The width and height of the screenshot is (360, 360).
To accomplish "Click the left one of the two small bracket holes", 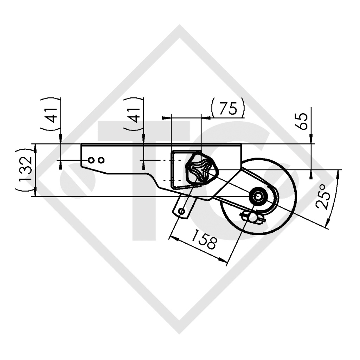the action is pos(91,160).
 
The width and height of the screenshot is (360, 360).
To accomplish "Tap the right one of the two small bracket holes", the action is pos(101,160).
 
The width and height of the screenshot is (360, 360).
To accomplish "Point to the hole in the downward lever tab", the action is pos(182,211).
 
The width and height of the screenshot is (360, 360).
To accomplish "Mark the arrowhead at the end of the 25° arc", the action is pos(328,224).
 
